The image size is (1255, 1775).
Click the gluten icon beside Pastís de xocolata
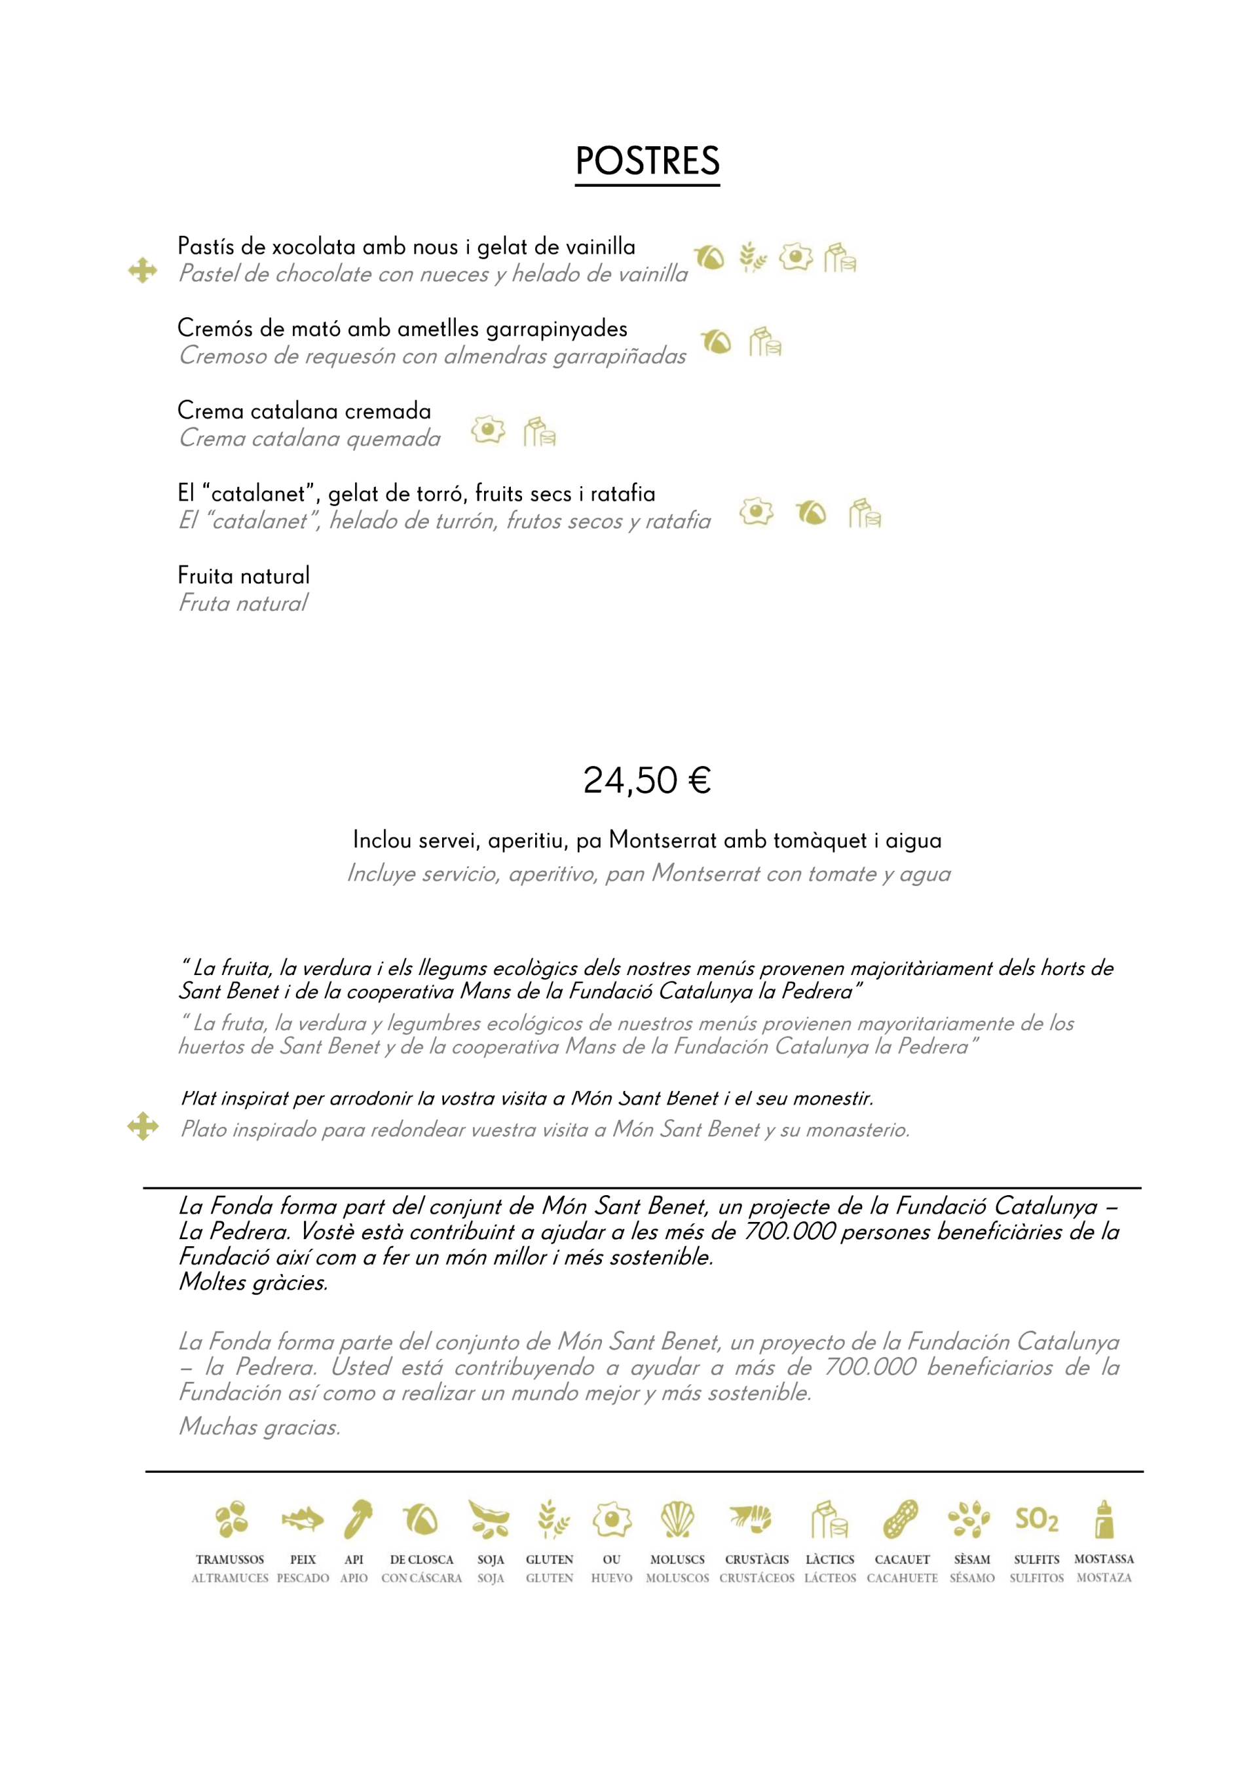[x=752, y=258]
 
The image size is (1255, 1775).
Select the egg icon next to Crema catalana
[x=489, y=430]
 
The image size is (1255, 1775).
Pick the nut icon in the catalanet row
[x=811, y=512]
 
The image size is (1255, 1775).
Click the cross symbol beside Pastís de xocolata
[x=143, y=271]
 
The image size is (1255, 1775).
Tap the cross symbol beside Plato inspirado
[x=143, y=1126]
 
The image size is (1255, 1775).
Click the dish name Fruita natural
[x=244, y=576]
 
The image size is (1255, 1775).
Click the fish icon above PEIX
[x=302, y=1520]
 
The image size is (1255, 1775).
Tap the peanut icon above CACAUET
[x=901, y=1520]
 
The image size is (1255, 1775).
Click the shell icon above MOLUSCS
[x=678, y=1520]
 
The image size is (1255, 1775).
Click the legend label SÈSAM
[x=971, y=1560]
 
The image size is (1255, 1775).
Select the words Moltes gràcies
[x=253, y=1282]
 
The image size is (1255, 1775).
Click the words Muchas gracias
[x=259, y=1427]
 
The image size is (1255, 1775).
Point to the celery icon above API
[x=358, y=1520]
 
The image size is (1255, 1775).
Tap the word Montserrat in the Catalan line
[x=657, y=841]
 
